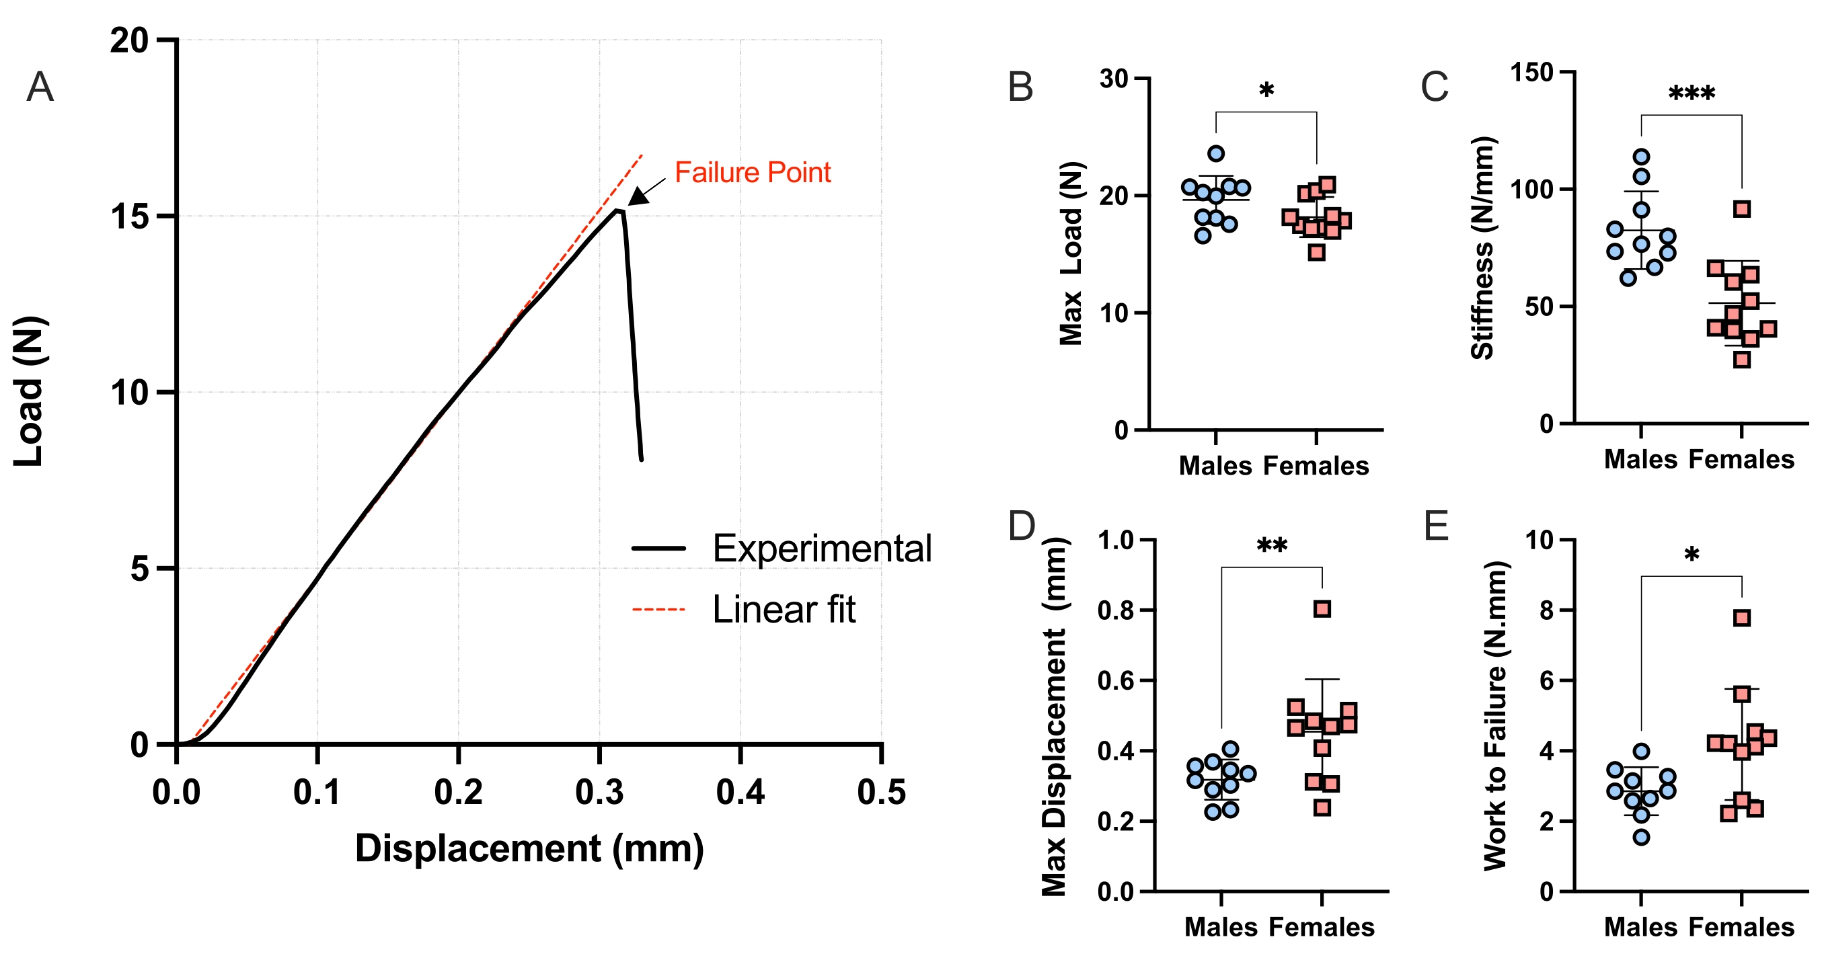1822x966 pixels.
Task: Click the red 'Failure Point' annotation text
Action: (753, 173)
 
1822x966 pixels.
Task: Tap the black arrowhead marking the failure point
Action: (636, 196)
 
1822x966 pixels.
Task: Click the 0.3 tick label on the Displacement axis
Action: (599, 792)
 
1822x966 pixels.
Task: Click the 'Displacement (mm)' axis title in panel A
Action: (529, 848)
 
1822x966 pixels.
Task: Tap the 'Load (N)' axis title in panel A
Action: (30, 392)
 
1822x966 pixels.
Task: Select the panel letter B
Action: (1020, 87)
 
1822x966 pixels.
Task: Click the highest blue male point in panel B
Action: (1216, 153)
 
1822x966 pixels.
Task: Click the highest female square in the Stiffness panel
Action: (1742, 209)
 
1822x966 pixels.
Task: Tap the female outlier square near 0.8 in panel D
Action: (1322, 609)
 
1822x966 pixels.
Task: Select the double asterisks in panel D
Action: (1272, 546)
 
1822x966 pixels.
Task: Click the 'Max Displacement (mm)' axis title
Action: (1055, 716)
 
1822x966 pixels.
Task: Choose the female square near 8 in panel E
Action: (1742, 618)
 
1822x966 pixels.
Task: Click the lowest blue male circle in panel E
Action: (1642, 838)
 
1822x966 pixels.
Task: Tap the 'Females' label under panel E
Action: (1741, 927)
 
